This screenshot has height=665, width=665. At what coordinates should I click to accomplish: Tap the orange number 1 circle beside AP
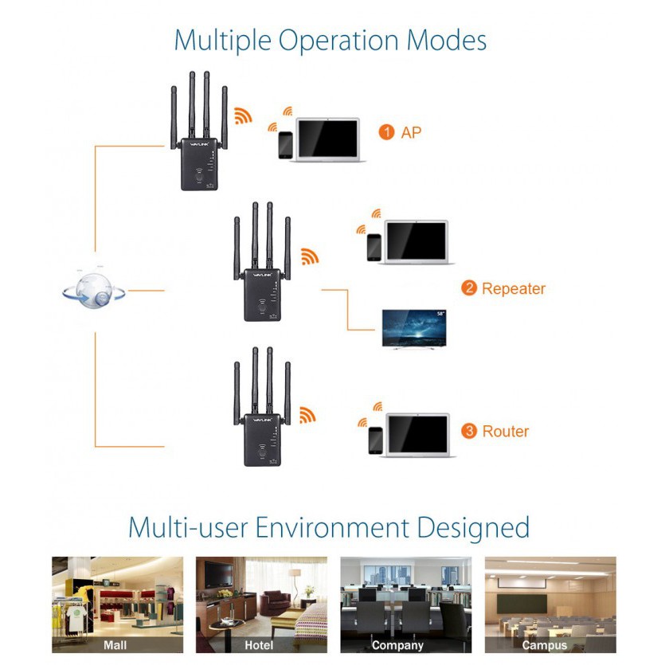[387, 131]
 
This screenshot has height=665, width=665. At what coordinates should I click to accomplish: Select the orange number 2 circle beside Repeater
[469, 288]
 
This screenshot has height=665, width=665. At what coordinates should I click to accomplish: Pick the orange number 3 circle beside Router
[469, 431]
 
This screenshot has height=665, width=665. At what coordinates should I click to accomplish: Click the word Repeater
[514, 288]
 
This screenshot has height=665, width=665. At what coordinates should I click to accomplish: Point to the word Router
[506, 431]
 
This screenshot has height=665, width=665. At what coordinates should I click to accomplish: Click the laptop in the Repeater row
[417, 242]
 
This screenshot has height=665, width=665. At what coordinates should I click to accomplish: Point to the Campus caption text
[545, 645]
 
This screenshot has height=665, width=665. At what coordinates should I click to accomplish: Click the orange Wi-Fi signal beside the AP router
[243, 116]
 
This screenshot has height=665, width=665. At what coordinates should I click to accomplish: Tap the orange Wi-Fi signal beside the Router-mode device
[307, 415]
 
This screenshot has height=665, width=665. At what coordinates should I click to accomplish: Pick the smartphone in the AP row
[285, 145]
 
